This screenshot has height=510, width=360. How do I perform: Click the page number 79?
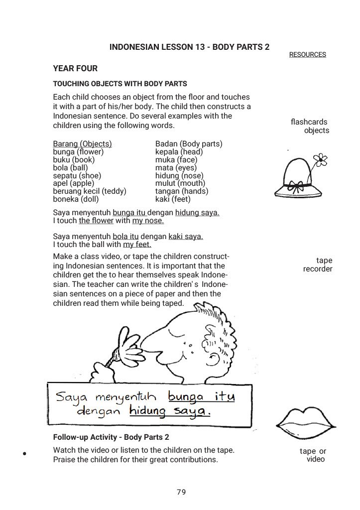(181, 492)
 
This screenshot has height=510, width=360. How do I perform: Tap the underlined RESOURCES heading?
(307, 55)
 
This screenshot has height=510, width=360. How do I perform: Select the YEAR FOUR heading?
(75, 69)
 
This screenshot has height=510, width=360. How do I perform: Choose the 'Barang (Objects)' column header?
(82, 144)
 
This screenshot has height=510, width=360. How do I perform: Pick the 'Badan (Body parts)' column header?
(189, 144)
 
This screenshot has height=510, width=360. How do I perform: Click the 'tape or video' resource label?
(314, 455)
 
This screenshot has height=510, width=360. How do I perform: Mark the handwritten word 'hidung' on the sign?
(147, 411)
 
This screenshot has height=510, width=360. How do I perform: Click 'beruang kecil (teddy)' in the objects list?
(90, 191)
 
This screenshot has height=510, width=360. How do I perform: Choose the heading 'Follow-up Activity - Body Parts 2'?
(111, 437)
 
